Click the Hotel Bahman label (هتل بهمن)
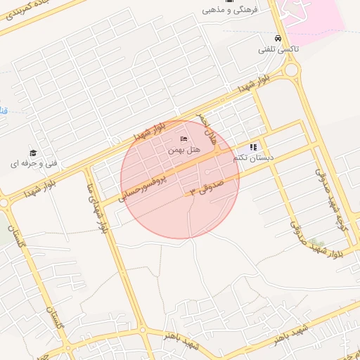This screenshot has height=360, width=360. click(186, 150)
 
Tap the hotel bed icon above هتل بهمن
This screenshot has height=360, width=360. click(184, 139)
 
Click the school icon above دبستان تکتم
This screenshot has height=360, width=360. click(253, 147)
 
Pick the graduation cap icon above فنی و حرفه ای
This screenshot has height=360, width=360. click(32, 153)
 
